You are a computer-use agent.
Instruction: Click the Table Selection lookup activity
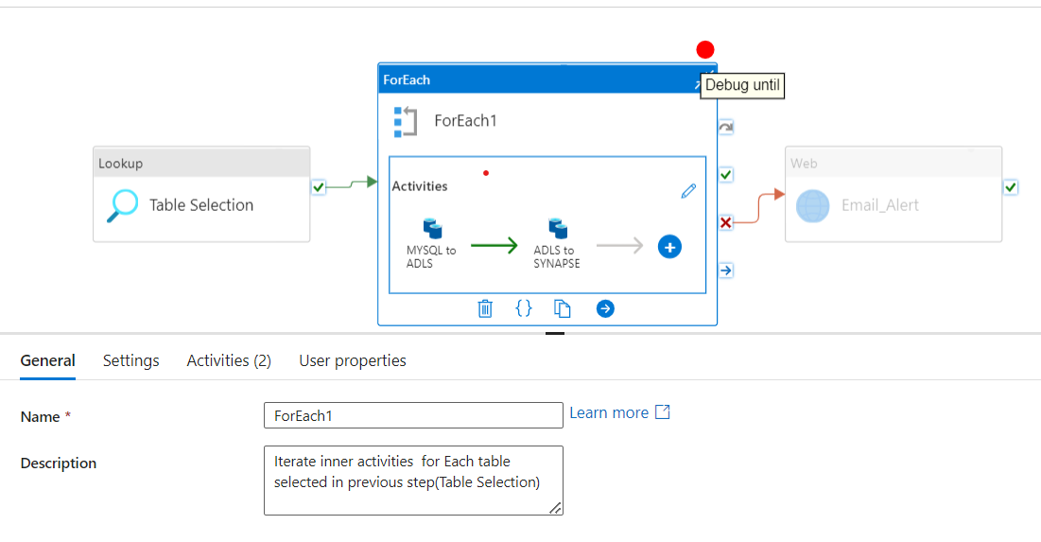click(201, 205)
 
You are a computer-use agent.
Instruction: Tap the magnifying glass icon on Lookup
click(122, 205)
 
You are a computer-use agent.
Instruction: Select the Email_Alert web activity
click(879, 205)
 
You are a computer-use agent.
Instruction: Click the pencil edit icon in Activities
click(688, 191)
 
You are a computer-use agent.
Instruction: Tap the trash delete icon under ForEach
click(485, 308)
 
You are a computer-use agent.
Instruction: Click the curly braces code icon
click(524, 308)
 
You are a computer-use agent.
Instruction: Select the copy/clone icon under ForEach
click(563, 308)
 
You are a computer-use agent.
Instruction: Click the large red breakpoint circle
click(705, 49)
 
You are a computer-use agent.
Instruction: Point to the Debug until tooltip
click(742, 85)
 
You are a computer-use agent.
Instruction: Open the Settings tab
click(130, 360)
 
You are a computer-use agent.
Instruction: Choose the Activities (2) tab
click(229, 360)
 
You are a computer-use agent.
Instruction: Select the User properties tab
click(353, 360)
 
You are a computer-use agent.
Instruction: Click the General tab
click(48, 360)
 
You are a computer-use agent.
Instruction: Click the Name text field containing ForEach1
click(413, 415)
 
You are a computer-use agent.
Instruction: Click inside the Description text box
click(413, 481)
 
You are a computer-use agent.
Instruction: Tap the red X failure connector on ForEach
click(725, 222)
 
